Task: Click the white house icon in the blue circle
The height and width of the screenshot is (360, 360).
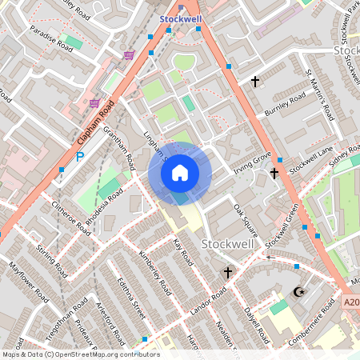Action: [x=180, y=172]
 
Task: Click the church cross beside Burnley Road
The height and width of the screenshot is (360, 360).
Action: [x=255, y=82]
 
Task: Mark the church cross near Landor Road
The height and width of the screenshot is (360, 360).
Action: [x=227, y=273]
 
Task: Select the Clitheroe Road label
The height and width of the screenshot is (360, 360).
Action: [x=71, y=218]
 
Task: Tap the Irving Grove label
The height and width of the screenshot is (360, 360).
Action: [x=253, y=162]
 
